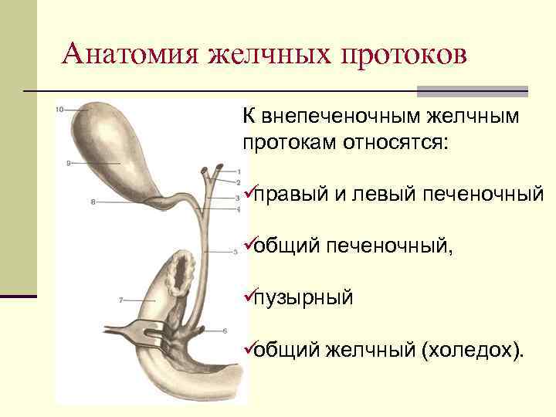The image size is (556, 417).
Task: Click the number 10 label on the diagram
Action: click(59, 110)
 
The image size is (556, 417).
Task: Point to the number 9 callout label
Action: click(69, 164)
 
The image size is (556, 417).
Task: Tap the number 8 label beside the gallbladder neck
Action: click(93, 202)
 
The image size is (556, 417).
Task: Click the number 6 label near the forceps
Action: click(225, 331)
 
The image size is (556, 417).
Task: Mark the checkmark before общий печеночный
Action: click(248, 245)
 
